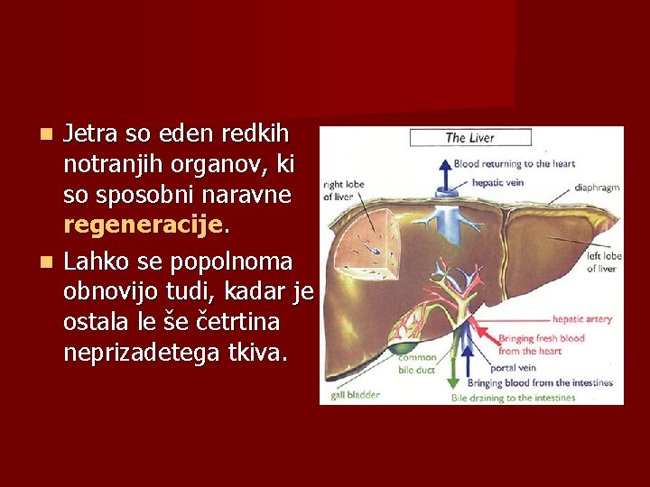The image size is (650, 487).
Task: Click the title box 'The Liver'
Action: click(469, 138)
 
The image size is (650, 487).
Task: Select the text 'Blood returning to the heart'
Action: click(514, 164)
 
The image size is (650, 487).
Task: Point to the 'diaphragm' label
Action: click(597, 188)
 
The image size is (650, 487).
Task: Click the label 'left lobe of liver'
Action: click(604, 262)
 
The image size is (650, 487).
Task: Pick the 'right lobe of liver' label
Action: click(343, 190)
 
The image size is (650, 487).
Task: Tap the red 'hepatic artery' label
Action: click(581, 319)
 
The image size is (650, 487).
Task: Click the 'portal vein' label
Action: click(515, 368)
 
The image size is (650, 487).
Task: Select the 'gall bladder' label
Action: click(355, 394)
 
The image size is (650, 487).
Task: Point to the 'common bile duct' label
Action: click(417, 363)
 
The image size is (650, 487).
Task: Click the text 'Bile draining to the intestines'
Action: click(513, 398)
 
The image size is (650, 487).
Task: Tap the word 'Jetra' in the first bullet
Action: click(90, 133)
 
